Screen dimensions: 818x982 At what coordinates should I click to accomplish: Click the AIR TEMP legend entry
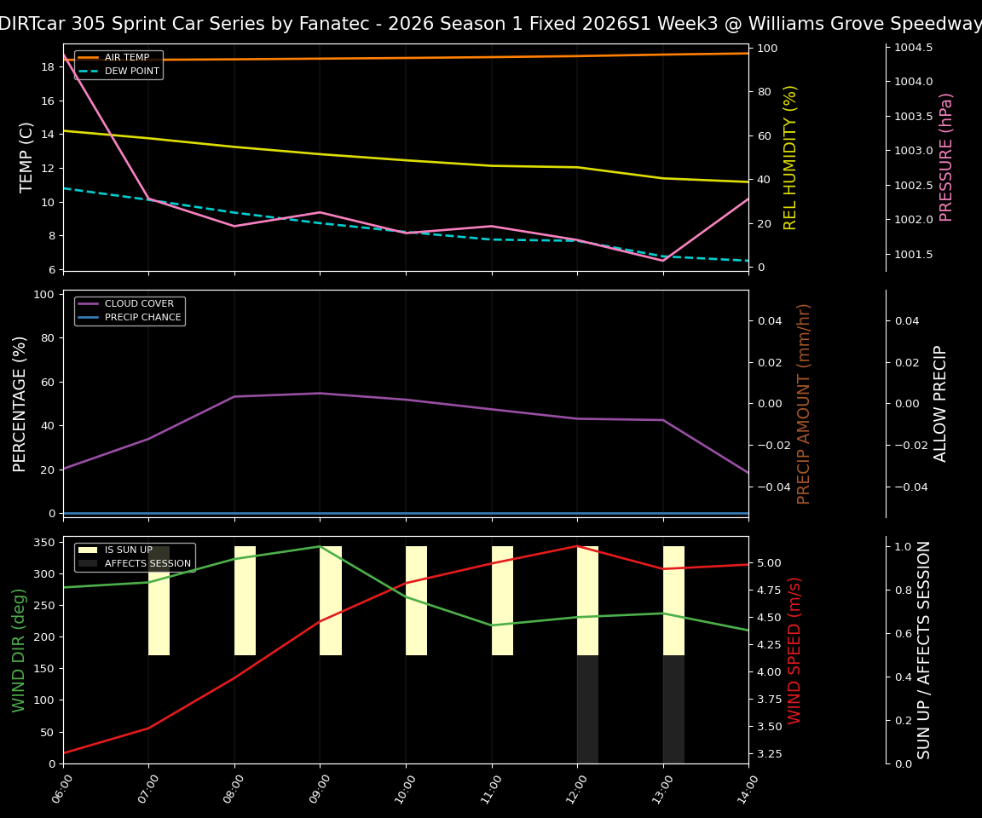[126, 58]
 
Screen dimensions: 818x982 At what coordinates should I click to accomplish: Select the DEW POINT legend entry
[131, 72]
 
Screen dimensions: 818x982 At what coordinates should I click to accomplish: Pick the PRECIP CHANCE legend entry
[142, 318]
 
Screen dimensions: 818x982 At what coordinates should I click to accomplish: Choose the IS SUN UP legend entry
[128, 550]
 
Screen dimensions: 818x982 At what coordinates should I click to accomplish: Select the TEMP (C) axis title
[27, 157]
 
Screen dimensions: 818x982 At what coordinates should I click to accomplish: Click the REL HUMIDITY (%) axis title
[790, 157]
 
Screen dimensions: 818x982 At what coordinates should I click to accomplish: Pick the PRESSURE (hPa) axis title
[946, 157]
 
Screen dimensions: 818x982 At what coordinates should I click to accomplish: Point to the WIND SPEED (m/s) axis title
[794, 649]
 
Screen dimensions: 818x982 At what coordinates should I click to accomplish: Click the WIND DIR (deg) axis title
[19, 649]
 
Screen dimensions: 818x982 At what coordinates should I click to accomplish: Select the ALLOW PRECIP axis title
[940, 403]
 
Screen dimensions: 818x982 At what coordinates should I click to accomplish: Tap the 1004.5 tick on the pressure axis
[913, 48]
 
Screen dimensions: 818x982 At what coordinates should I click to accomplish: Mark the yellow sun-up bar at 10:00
[416, 601]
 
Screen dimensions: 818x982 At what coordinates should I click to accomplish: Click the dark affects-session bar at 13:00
[673, 709]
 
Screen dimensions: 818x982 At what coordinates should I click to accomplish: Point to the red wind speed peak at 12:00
[577, 546]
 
